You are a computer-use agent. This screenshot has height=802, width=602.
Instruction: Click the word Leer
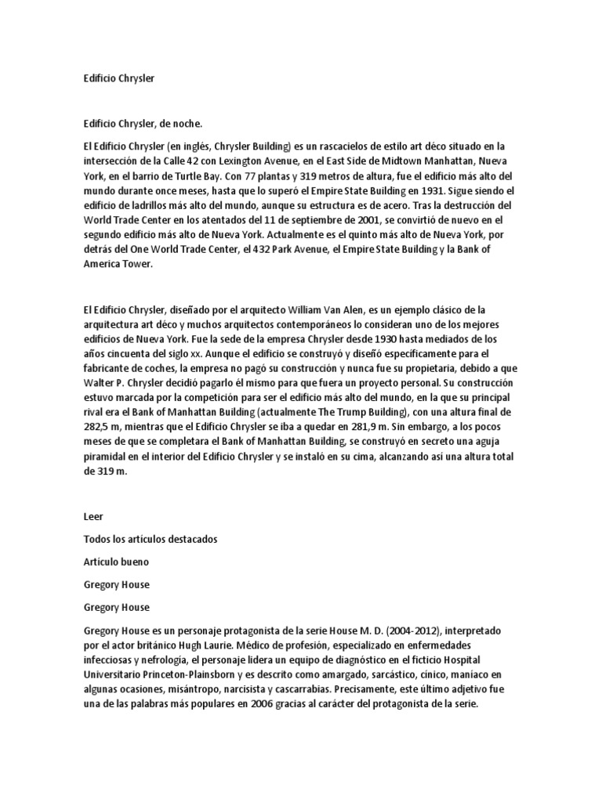click(93, 518)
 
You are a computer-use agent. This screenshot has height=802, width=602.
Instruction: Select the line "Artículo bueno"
click(117, 562)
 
